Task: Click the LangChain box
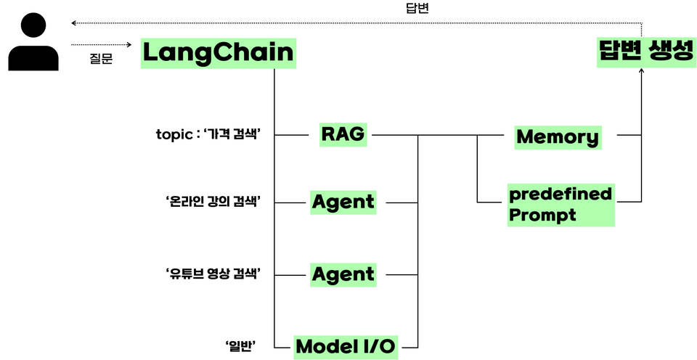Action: point(219,53)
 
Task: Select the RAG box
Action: point(343,134)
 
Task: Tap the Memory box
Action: point(558,136)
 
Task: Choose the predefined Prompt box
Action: point(561,205)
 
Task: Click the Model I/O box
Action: point(346,346)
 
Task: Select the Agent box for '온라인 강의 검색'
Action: point(343,202)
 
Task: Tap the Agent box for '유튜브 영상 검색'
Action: point(343,274)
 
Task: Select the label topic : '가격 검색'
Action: point(208,135)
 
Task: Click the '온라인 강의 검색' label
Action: point(213,201)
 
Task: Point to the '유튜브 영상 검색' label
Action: point(213,274)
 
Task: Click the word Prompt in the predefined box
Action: point(542,215)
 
